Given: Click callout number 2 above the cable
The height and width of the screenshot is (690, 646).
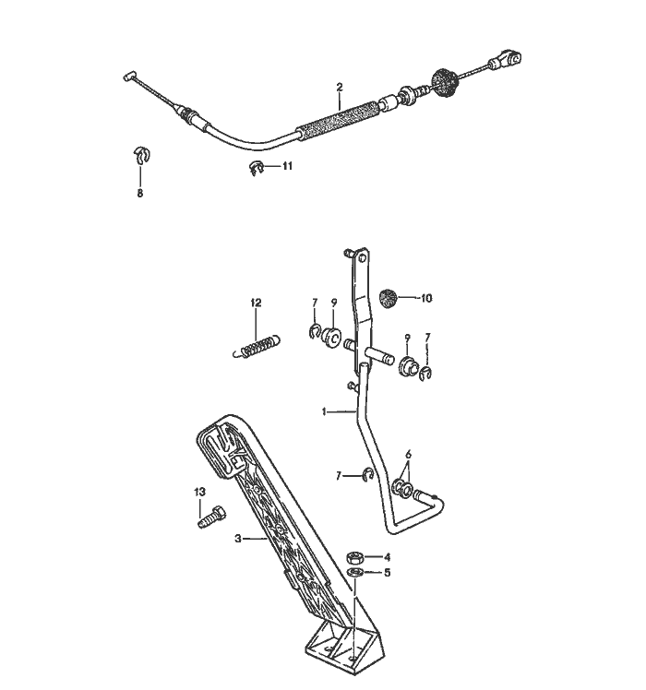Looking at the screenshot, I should pos(339,87).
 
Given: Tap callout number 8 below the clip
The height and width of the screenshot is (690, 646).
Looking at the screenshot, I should pos(140,194).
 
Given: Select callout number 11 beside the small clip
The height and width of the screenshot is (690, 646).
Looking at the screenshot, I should pos(287,166).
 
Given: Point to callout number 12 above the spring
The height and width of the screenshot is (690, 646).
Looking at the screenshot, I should pos(257,303).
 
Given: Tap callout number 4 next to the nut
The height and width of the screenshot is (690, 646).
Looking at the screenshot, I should pos(387,557).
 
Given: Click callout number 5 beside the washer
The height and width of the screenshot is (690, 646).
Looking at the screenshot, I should pos(387,572).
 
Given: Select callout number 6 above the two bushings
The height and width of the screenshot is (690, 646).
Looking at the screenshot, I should pos(408,455).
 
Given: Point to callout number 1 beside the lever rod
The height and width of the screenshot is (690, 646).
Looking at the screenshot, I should pos(324,411).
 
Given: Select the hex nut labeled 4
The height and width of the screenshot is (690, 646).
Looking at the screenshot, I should pos(353,557).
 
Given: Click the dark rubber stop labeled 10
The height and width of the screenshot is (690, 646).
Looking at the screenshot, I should pos(389,298).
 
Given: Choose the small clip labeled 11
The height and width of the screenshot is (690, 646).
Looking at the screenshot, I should pos(258,167).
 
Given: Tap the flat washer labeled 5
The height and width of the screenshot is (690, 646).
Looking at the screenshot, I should pos(353,573).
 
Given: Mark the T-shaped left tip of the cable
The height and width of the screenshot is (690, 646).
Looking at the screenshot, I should pos(129,77).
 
